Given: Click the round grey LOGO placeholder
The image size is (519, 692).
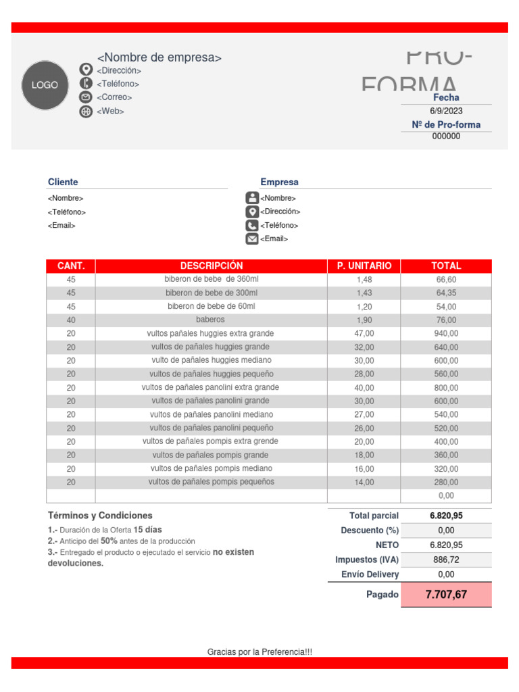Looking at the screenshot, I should [45, 85].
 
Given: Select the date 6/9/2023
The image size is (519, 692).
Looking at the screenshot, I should [446, 111].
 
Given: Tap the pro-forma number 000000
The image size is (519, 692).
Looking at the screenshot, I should [446, 136].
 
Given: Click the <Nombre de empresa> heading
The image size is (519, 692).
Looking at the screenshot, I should [159, 57].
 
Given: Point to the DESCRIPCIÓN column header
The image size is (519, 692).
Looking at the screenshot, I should [212, 266].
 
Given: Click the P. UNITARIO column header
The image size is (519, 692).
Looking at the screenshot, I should [364, 266].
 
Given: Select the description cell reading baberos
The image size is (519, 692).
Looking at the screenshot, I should [211, 320].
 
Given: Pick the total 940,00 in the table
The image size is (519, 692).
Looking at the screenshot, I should [446, 333].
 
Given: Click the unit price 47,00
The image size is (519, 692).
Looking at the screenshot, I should [364, 333].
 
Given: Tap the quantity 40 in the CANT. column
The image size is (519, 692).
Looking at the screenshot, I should [71, 320].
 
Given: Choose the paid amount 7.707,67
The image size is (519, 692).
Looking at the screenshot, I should [446, 595].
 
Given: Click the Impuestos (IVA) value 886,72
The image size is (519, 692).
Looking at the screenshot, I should [446, 560].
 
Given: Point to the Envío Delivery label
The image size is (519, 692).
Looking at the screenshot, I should [370, 574].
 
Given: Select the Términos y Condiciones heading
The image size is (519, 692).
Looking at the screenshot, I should [100, 515].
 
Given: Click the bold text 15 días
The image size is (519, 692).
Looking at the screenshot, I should [148, 530].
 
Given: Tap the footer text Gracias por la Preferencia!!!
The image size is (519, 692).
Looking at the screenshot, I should [259, 652].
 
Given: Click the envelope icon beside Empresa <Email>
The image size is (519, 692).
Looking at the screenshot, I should [252, 239].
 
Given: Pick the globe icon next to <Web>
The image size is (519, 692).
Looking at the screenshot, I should [86, 112].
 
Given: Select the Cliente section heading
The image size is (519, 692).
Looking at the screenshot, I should [63, 182].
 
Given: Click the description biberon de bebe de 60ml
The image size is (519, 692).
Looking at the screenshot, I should [212, 306].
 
